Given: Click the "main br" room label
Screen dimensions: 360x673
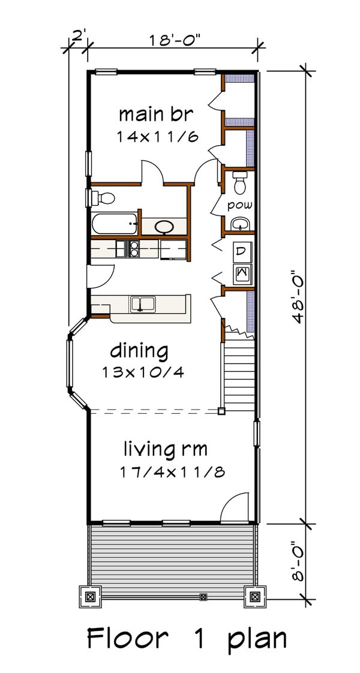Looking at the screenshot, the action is [x=156, y=115].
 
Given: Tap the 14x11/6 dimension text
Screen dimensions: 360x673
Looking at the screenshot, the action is [x=157, y=137].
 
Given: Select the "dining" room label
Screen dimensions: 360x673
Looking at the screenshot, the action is [x=139, y=351].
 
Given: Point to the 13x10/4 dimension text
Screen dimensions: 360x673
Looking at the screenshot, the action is [x=143, y=372].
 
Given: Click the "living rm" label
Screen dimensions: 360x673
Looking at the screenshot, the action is [x=166, y=449].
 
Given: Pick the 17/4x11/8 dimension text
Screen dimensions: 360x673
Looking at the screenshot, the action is [x=172, y=472].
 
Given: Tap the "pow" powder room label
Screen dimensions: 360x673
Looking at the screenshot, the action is [x=240, y=205].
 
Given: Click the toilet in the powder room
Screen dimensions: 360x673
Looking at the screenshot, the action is [x=240, y=182].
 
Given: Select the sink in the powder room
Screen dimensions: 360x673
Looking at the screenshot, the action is [x=240, y=224].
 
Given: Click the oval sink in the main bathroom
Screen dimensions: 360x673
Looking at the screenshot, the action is [x=164, y=227].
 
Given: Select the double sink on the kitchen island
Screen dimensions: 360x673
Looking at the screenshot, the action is [x=143, y=304].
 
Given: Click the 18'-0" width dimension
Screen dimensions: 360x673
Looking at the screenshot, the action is [x=175, y=41].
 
